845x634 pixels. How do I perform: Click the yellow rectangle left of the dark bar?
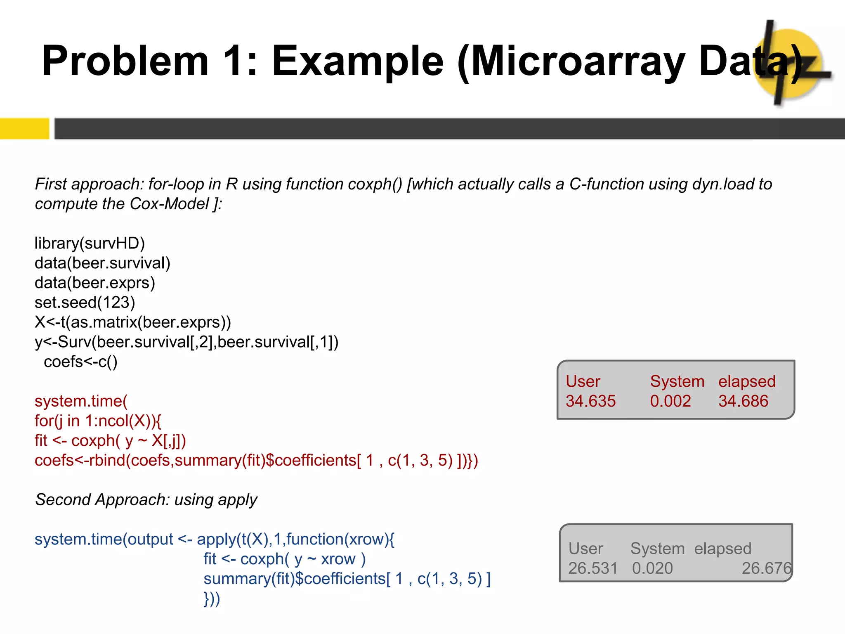pos(24,128)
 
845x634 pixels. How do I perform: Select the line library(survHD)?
pos(90,243)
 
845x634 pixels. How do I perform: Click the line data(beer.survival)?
pos(102,263)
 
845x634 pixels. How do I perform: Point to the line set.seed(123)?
pos(85,303)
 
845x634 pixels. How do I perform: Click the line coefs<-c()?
pos(80,362)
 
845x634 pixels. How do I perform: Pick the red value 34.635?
pos(590,401)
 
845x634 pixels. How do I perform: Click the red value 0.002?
pos(670,401)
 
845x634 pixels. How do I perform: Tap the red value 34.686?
pos(743,401)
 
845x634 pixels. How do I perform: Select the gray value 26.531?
pos(593,568)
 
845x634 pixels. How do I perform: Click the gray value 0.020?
pos(652,568)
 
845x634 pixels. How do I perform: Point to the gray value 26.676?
pos(766,568)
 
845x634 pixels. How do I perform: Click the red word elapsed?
pos(747,381)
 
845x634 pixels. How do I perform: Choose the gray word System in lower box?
pos(657,549)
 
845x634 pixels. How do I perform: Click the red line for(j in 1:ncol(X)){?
pos(98,421)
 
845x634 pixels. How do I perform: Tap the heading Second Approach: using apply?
pos(146,500)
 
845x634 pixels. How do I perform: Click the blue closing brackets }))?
pos(212,599)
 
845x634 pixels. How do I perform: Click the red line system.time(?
pos(81,401)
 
